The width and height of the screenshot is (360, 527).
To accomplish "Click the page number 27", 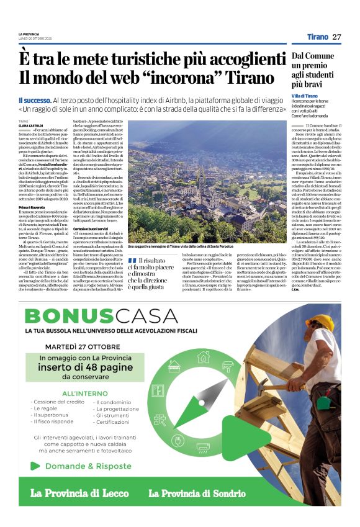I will pos(337,37).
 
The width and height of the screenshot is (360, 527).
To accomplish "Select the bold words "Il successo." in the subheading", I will pos(34,101).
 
